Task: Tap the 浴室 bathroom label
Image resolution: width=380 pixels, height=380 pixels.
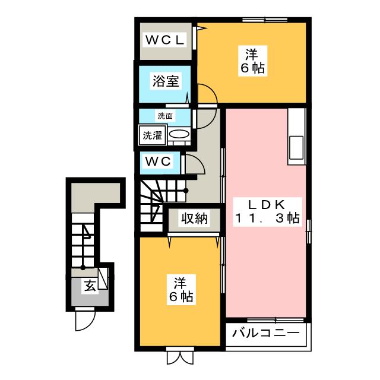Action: (165, 81)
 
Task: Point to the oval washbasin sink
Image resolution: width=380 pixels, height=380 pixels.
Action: (179, 135)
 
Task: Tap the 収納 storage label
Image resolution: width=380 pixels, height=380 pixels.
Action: (194, 218)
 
